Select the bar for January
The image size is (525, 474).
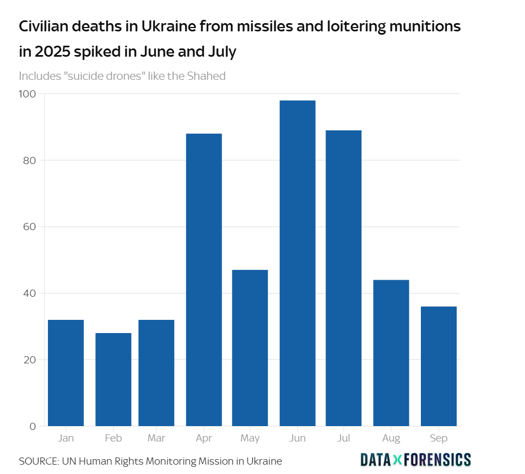[66, 373]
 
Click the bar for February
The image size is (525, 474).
[113, 379]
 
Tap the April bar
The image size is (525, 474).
[204, 280]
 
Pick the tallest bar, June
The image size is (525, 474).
[297, 263]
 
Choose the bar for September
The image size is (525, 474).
[439, 366]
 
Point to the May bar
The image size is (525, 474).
[250, 348]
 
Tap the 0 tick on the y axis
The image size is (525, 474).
[33, 426]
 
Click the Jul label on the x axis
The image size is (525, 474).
[344, 439]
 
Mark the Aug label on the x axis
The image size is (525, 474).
[391, 439]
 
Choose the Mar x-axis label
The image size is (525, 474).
[156, 439]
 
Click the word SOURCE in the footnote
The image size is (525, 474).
[39, 461]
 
